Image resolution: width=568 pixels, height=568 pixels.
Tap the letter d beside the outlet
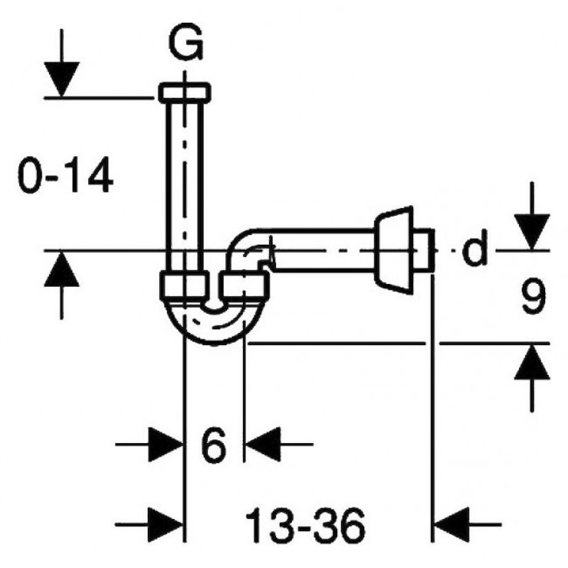pos(474,248)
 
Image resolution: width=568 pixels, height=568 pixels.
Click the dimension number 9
pos(534,296)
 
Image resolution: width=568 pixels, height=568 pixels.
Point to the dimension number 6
pos(214,444)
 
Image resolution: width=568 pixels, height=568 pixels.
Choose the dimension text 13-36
pos(306,525)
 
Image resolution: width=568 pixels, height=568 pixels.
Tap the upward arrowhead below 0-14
pos(62,269)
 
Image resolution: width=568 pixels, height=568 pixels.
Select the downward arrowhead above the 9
pos(532,232)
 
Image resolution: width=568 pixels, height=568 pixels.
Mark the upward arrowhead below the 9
pos(532,362)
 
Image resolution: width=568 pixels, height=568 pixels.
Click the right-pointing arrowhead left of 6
pos(165,444)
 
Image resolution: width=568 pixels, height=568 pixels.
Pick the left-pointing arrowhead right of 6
pos(263,444)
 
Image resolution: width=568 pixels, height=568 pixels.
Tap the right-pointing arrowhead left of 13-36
pos(165,525)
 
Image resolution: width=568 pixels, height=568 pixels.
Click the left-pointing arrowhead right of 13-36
pos(452,525)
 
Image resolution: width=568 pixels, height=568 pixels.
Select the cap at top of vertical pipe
pos(185,92)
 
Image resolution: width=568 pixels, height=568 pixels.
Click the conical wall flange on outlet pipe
pos(394,250)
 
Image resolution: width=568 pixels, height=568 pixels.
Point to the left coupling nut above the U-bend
pos(185,286)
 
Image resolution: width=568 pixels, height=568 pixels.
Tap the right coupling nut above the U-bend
pos(245,286)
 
